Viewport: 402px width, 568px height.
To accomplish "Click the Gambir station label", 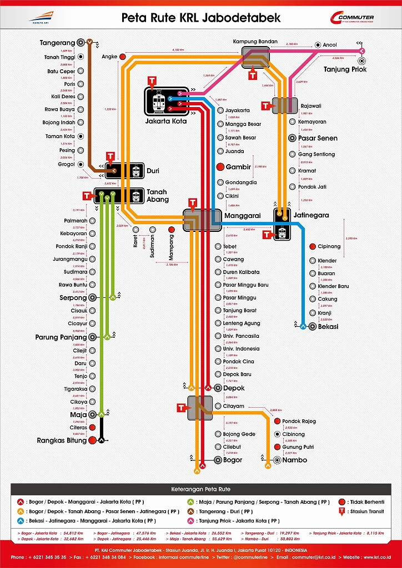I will click(238, 167).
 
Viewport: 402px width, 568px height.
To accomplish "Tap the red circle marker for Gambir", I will click(220, 167).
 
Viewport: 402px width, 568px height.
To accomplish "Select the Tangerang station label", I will click(57, 43).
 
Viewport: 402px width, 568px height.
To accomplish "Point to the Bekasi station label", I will click(328, 327).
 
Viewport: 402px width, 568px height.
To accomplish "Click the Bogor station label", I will click(233, 460).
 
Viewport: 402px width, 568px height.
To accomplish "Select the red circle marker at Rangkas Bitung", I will click(92, 440).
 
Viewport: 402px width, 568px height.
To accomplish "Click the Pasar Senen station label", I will click(317, 138).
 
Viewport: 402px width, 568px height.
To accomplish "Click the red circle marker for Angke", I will click(123, 57).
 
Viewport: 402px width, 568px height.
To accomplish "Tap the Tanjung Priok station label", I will click(345, 69).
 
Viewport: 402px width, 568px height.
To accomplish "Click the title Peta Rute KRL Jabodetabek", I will click(201, 18).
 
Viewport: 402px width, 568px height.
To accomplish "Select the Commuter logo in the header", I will click(351, 19).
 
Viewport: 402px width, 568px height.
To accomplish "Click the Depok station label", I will click(233, 388).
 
